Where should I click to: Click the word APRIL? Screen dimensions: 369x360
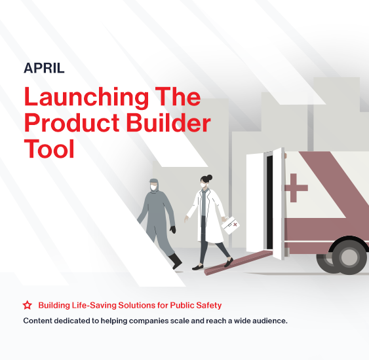pos(44,68)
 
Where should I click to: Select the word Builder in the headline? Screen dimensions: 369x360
pos(168,122)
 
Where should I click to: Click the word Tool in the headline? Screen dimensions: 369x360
pos(49,149)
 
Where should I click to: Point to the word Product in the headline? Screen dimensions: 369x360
pos(72,122)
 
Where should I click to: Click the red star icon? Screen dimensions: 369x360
pos(28,305)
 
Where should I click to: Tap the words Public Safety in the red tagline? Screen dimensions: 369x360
pos(195,305)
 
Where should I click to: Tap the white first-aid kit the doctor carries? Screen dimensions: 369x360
pos(231,225)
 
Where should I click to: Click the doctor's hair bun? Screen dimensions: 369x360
pos(208,177)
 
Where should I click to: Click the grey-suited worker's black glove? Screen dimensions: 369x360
pos(173,229)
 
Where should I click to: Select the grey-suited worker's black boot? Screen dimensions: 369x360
pos(176,261)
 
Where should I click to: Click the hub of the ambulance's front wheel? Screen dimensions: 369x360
pos(349,257)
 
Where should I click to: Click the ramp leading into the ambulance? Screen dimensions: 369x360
pos(238,262)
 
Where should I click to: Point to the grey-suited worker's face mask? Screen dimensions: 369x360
pos(153,187)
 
